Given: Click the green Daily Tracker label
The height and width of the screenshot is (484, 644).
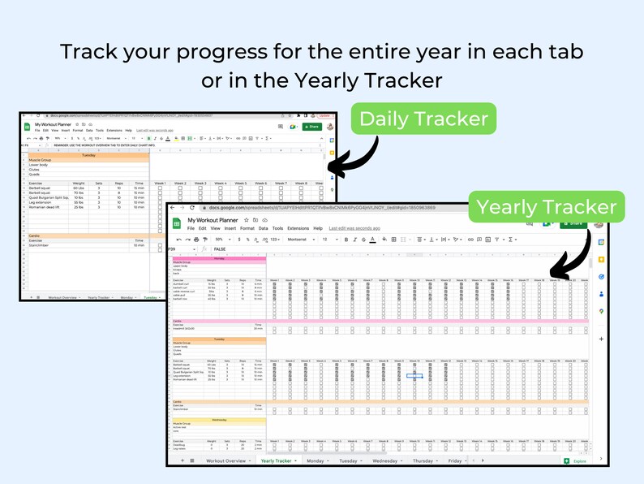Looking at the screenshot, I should click(423, 119).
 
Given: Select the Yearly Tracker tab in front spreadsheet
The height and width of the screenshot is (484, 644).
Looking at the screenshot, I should click(277, 460).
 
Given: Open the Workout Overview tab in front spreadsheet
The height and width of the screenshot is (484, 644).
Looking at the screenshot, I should click(225, 460).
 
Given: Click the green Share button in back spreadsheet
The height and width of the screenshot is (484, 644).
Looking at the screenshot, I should click(311, 127).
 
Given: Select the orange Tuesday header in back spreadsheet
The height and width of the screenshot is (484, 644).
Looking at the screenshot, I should click(89, 154).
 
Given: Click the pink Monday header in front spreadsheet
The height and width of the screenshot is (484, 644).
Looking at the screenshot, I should click(219, 258).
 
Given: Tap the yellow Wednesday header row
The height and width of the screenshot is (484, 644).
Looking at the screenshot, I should click(219, 420).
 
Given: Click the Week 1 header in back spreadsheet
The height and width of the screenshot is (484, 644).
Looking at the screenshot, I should click(161, 184).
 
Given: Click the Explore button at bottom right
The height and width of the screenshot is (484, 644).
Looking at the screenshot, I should click(577, 460).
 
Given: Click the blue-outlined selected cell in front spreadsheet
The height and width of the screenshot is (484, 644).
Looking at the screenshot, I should click(414, 376).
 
